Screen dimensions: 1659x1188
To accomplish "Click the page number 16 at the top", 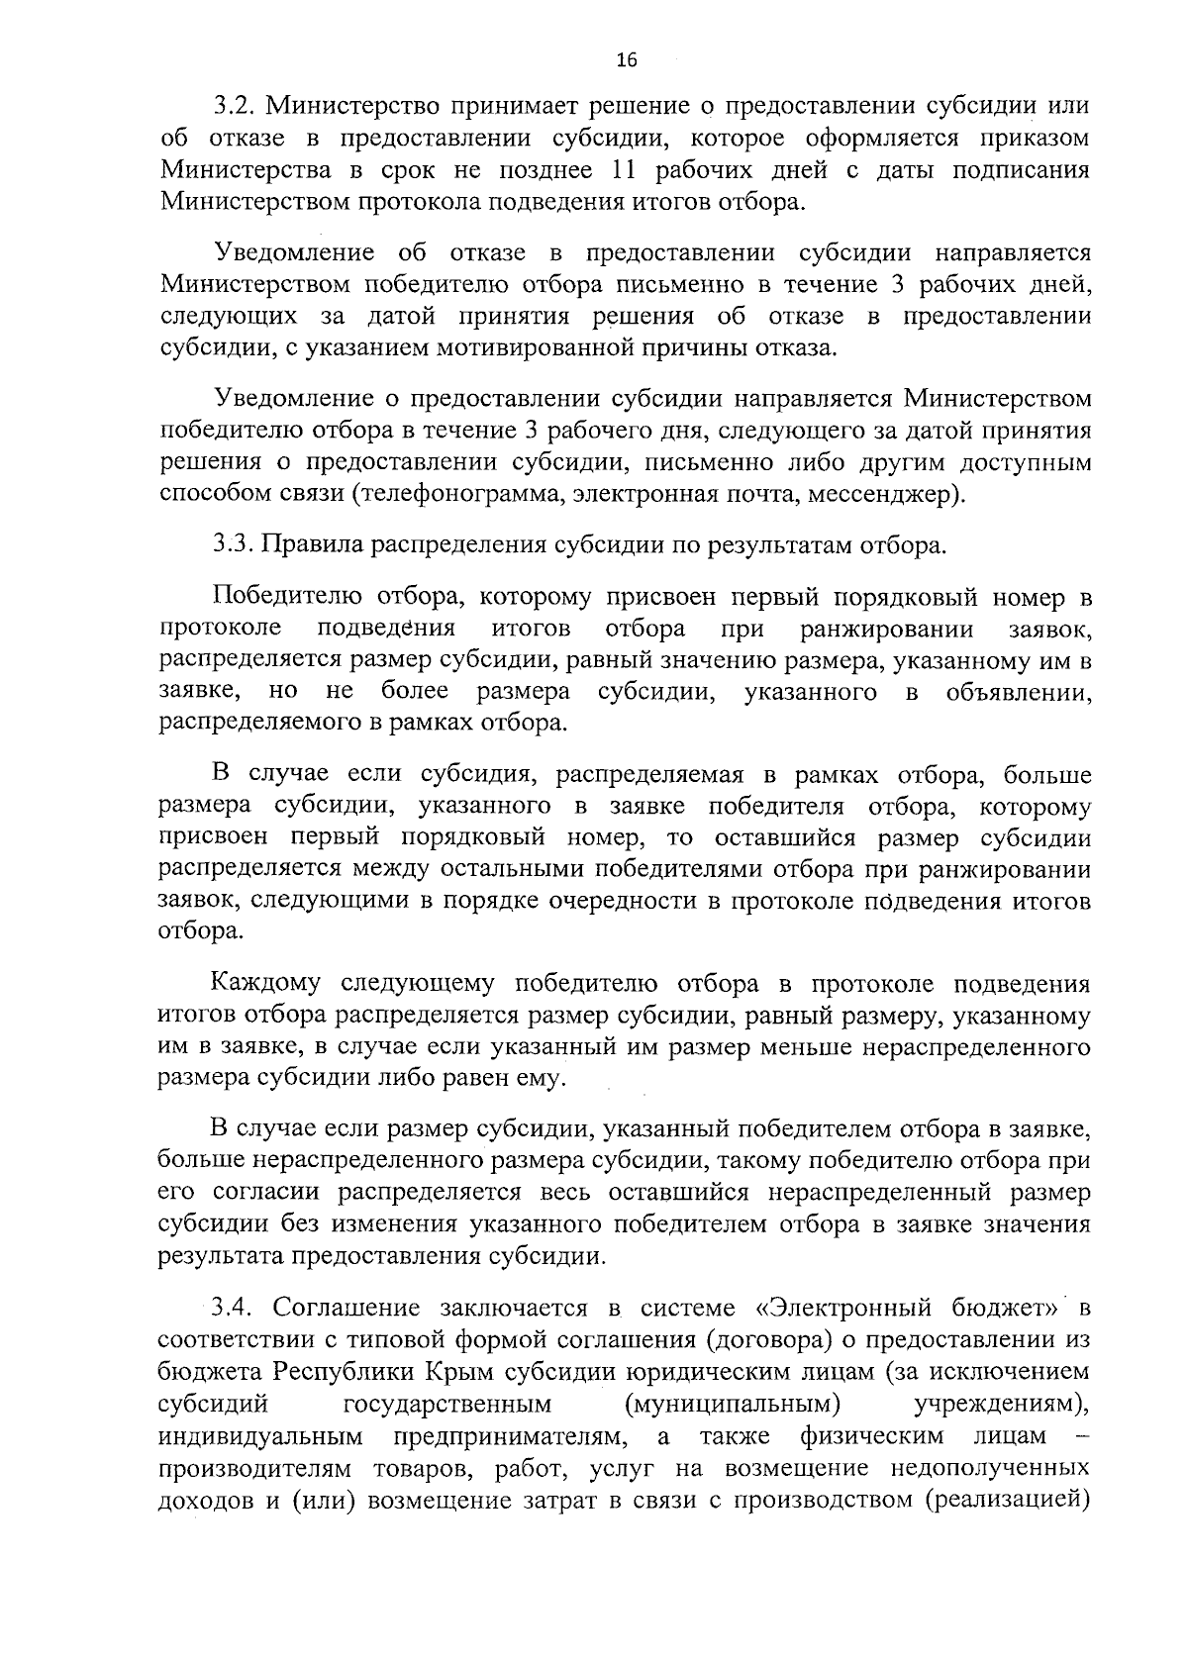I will click(626, 60).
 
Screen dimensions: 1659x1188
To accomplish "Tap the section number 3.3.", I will click(236, 544).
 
